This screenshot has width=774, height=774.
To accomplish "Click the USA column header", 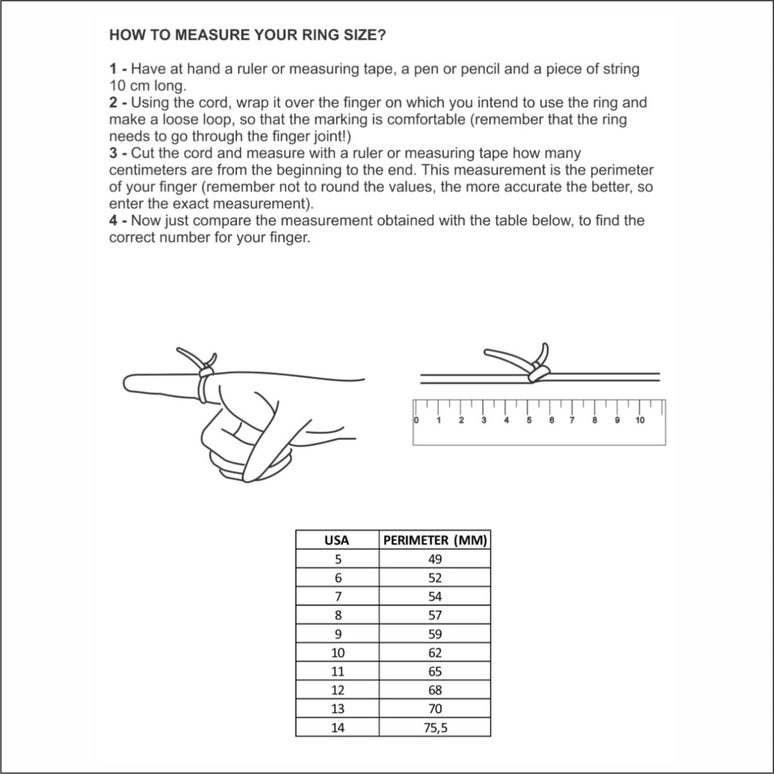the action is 337,541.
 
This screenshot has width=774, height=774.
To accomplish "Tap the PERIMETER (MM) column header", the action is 435,541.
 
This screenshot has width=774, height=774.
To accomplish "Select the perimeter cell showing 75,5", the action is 435,728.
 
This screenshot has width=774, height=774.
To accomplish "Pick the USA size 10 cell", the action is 338,653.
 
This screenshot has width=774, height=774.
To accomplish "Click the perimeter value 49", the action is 435,559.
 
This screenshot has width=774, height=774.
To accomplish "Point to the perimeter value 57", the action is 435,615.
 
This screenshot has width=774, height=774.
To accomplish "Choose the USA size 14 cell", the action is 338,728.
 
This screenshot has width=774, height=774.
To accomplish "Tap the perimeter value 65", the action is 435,671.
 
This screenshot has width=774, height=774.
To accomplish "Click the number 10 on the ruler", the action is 640,420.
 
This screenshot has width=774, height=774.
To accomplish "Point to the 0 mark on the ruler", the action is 416,420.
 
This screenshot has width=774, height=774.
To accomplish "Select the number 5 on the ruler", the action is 529,420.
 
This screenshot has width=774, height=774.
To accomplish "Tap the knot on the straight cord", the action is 538,373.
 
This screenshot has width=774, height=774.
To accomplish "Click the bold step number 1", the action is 114,69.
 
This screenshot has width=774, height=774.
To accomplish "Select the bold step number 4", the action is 114,221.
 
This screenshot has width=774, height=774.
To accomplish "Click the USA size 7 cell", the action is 338,597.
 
